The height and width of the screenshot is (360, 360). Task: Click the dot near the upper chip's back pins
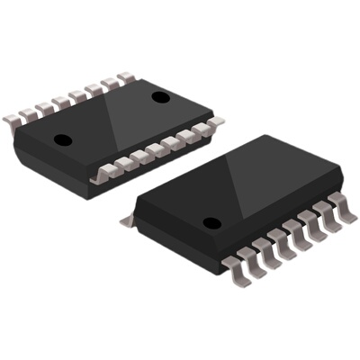pos(161,96)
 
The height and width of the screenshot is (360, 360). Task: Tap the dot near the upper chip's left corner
pos(63,139)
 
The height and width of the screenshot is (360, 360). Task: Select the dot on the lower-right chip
pos(211,222)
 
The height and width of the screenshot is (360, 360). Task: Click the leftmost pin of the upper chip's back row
pos(13,117)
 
